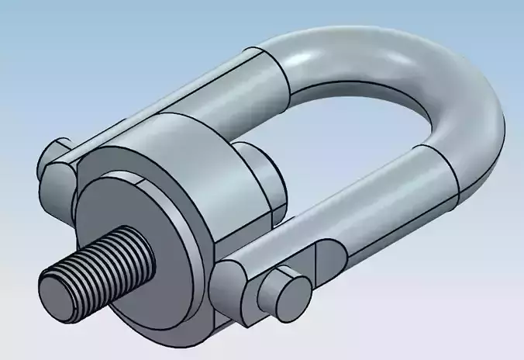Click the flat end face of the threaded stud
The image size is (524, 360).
pos(55,291)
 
